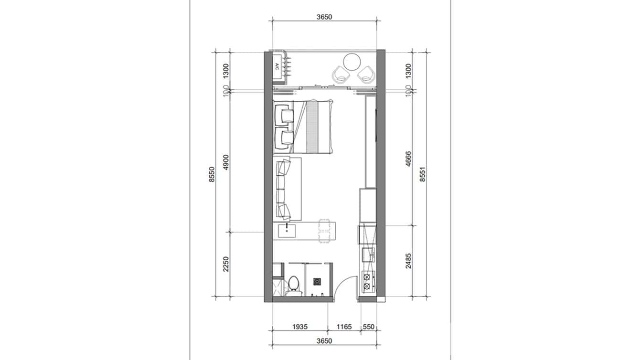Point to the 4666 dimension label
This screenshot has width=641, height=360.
[408, 159]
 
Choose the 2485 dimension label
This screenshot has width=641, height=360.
[408, 261]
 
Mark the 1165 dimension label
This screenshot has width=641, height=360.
[343, 327]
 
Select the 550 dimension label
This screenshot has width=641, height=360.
[369, 327]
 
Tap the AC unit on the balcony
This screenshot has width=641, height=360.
[278, 67]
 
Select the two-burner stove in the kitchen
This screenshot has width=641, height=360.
[367, 281]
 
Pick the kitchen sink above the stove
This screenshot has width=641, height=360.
[368, 254]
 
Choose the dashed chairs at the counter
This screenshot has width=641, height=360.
[325, 231]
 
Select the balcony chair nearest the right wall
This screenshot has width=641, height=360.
[367, 74]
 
